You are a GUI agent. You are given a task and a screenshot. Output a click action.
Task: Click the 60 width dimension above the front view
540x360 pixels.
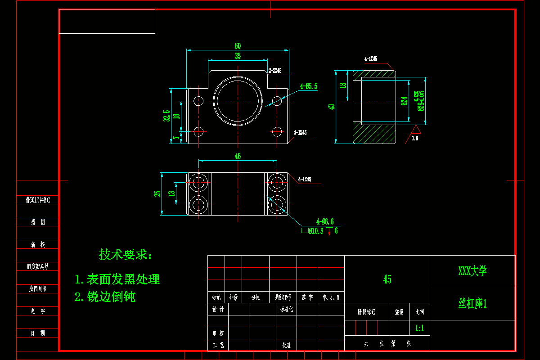coord(238,45)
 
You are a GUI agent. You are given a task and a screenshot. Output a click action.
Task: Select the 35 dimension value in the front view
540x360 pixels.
coord(238,56)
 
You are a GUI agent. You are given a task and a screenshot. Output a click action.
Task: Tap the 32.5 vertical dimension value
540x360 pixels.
coord(166,116)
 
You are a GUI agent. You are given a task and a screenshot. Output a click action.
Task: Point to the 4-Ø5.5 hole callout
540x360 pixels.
coord(309,86)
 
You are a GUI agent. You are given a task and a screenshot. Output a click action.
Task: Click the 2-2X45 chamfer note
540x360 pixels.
coord(275,71)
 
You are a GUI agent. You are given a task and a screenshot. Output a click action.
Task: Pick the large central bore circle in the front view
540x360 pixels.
coord(238,100)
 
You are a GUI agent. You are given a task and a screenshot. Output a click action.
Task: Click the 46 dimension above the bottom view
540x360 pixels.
coord(238,156)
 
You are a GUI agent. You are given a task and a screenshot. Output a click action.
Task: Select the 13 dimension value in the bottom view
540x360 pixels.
coord(171,193)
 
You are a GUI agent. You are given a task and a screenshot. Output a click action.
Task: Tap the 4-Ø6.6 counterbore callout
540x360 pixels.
coord(325,221)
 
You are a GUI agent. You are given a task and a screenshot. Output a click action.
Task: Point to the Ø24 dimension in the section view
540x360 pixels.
coord(404,101)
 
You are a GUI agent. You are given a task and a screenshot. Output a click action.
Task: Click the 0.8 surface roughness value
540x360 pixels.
coord(415,139)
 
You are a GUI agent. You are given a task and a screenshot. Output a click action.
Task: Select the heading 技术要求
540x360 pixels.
coord(126,255)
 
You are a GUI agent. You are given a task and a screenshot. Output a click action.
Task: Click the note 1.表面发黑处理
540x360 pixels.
coord(117,279)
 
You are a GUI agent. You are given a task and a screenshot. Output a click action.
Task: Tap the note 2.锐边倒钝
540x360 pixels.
coord(105,297)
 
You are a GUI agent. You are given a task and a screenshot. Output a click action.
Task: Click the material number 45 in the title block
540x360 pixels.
coord(387,279)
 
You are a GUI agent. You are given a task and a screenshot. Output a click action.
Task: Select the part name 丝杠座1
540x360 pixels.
coord(472,304)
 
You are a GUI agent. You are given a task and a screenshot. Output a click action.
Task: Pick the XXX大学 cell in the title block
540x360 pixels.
coord(472,271)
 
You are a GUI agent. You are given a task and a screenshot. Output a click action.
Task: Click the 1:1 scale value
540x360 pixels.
coord(419,328)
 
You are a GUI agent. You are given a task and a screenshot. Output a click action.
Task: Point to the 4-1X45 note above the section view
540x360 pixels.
coord(371,59)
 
